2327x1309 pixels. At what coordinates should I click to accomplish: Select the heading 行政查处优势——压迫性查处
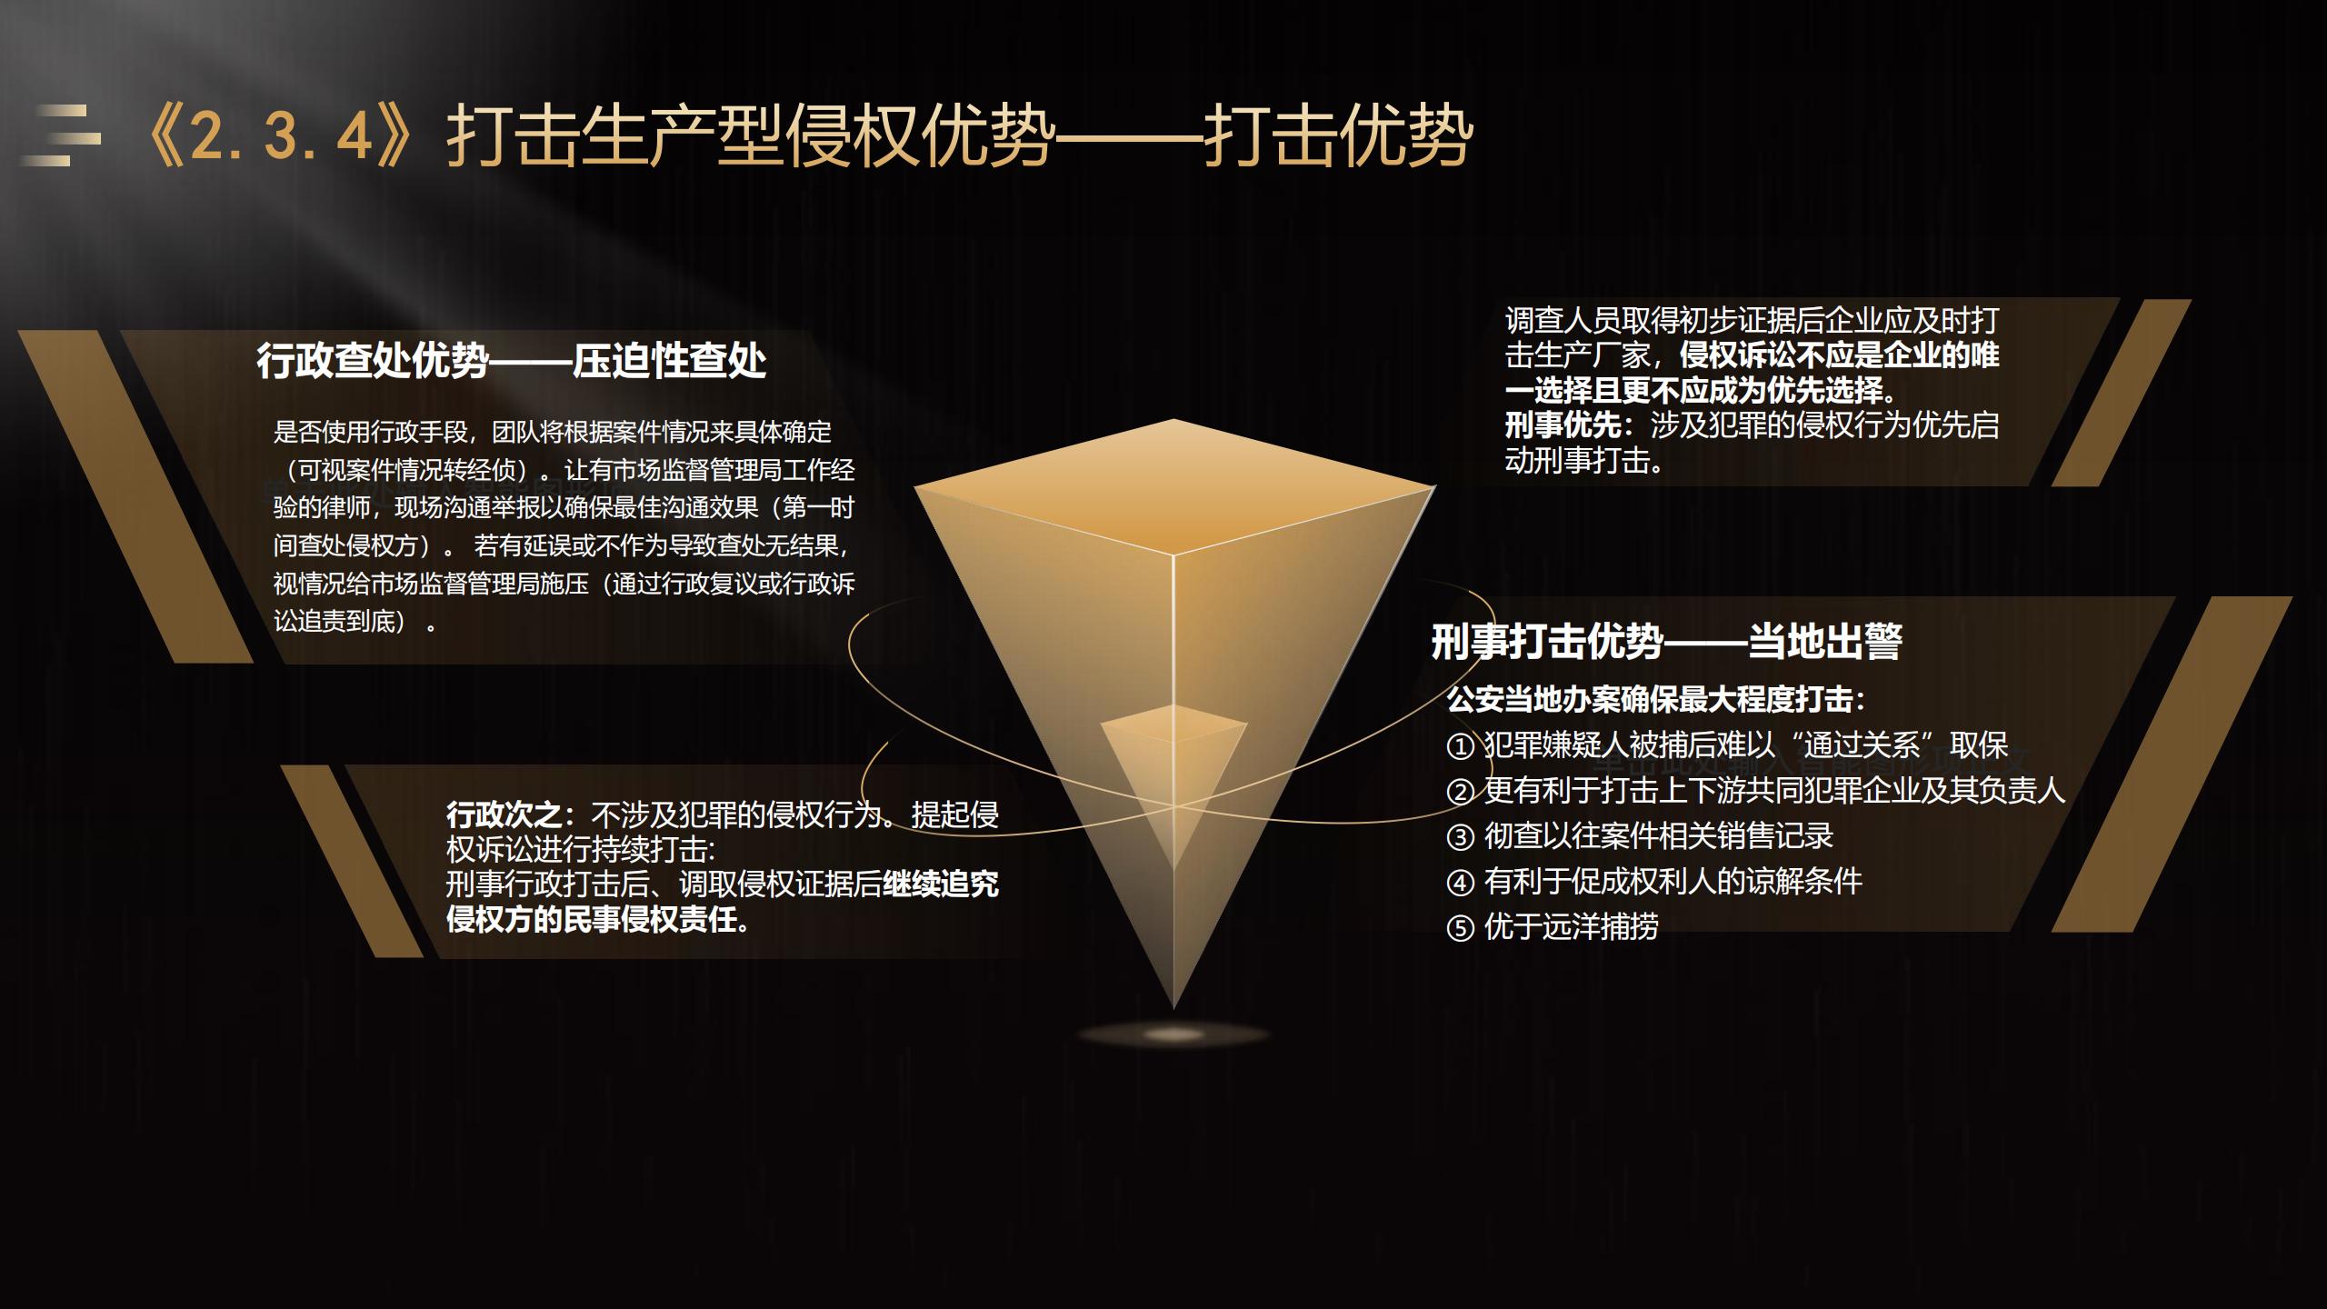pos(512,361)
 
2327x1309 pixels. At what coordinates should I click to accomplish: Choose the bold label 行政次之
pos(504,814)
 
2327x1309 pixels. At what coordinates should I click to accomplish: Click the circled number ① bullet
pos(1460,746)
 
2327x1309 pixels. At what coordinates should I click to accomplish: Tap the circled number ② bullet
pos(1460,792)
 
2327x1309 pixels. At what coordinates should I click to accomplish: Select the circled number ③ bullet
pos(1460,837)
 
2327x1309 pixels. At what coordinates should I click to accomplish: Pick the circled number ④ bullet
pos(1460,883)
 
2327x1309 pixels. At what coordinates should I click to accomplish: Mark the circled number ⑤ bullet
pos(1460,928)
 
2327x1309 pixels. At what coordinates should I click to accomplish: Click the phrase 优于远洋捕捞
pos(1572,926)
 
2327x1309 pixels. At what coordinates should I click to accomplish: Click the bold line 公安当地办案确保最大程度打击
pos(1650,699)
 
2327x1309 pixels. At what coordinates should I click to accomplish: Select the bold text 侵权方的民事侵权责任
pos(591,919)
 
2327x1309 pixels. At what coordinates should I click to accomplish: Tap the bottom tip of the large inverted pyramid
pos(1173,1008)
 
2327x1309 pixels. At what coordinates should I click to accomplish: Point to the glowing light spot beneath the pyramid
pos(1173,1034)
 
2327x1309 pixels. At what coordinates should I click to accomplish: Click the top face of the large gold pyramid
pos(1173,486)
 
